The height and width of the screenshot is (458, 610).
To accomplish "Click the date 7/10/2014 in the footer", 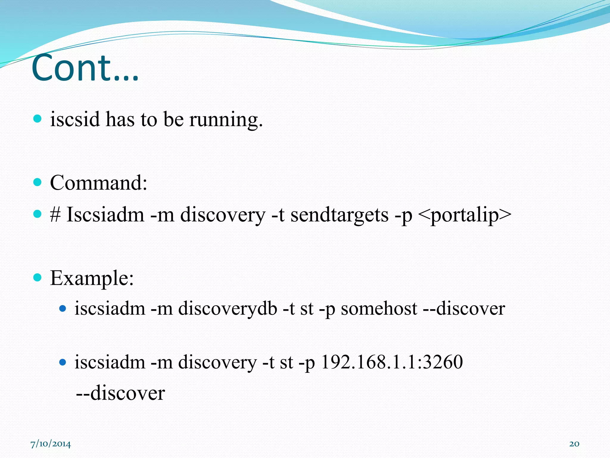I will pyautogui.click(x=51, y=444).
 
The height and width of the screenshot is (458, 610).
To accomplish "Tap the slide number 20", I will pyautogui.click(x=574, y=444).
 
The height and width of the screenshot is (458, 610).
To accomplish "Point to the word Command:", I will pyautogui.click(x=99, y=182).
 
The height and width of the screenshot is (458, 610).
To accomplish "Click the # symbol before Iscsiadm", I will pyautogui.click(x=55, y=214).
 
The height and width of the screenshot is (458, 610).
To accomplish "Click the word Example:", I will pyautogui.click(x=92, y=278).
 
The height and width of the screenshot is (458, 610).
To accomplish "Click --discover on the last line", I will pyautogui.click(x=120, y=393).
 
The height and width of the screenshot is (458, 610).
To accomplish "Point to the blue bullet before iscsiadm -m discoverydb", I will pyautogui.click(x=63, y=308).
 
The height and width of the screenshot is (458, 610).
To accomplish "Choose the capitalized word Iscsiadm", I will pyautogui.click(x=105, y=214).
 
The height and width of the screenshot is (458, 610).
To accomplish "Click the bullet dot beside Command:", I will pyautogui.click(x=37, y=182).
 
